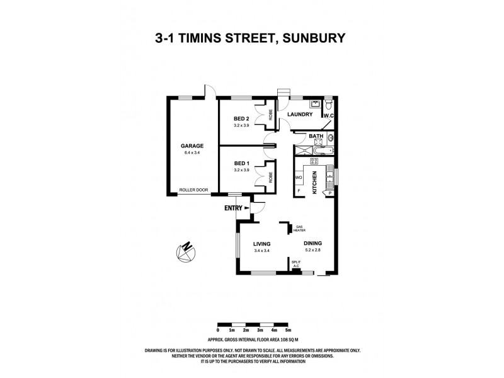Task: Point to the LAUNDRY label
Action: click(x=301, y=114)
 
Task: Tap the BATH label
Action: click(x=316, y=136)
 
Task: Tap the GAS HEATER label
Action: click(x=299, y=228)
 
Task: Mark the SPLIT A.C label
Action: click(x=295, y=264)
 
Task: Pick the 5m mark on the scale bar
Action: click(x=289, y=330)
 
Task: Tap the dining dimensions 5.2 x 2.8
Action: click(x=313, y=251)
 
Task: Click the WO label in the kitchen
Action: click(x=299, y=178)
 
